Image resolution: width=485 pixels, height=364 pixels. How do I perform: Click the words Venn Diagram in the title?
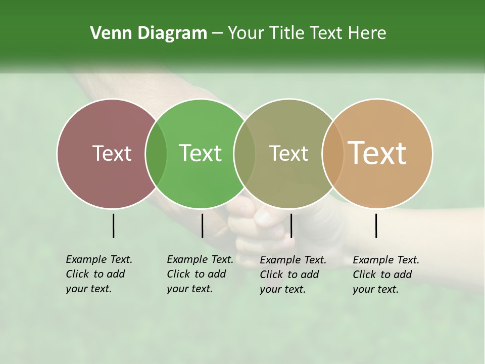click(149, 33)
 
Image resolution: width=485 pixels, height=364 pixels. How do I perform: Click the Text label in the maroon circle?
click(112, 153)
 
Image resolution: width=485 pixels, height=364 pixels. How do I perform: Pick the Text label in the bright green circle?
click(200, 153)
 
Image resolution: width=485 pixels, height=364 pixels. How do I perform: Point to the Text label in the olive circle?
click(288, 153)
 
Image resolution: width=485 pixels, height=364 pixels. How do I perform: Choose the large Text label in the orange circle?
click(377, 153)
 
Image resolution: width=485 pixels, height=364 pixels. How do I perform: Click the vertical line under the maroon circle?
click(113, 225)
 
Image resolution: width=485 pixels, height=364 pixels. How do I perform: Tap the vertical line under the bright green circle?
click(202, 225)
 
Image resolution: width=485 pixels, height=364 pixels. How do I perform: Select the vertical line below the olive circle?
click(291, 225)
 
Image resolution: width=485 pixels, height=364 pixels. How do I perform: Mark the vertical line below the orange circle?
click(376, 225)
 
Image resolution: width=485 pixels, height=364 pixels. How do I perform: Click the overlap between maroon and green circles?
click(156, 153)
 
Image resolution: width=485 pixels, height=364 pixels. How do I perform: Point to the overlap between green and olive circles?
click(245, 153)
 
